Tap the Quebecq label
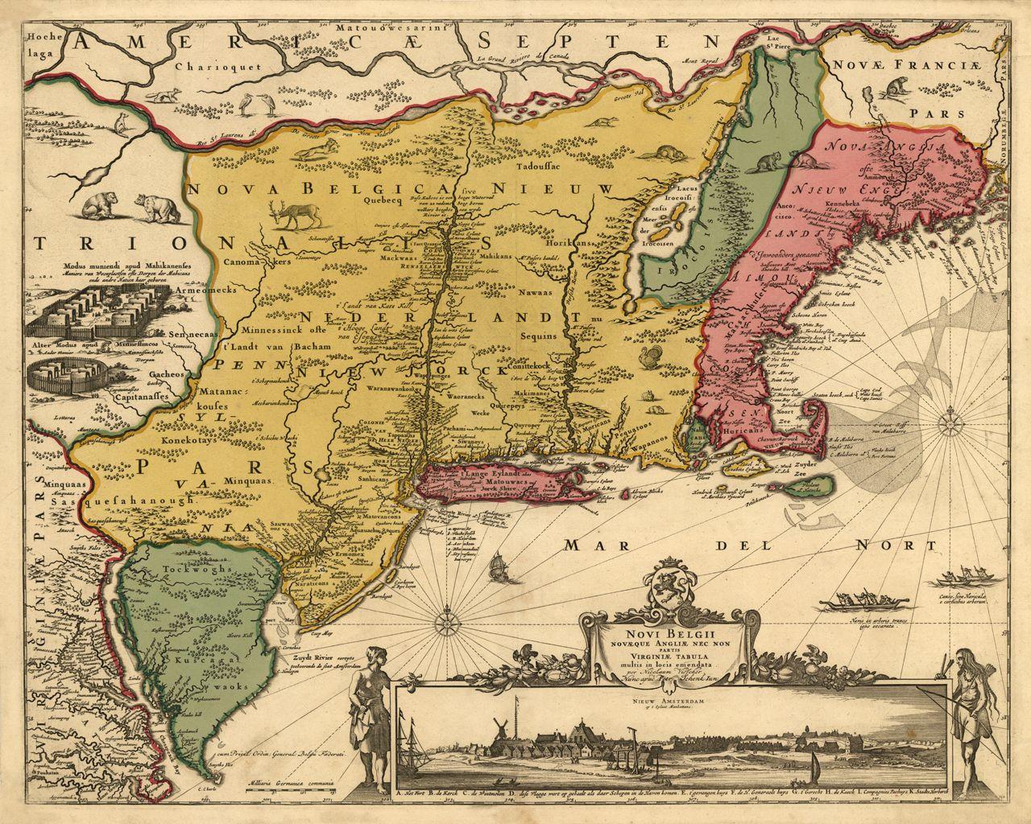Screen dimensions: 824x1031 click(382, 203)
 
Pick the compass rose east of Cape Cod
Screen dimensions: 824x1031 click(953, 420)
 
